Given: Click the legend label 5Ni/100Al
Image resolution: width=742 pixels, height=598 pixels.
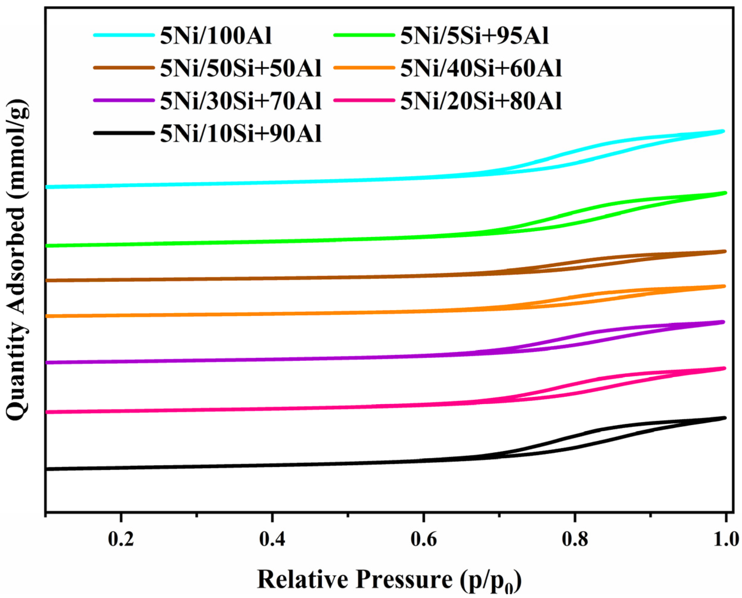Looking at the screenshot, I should pyautogui.click(x=215, y=36).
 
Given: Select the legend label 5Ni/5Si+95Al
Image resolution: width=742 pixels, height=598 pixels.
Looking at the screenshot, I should pyautogui.click(x=474, y=36).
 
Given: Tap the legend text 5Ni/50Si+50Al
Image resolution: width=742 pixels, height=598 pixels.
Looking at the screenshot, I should pyautogui.click(x=240, y=69).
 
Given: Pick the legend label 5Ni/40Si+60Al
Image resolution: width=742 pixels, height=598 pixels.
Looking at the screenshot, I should pyautogui.click(x=481, y=69).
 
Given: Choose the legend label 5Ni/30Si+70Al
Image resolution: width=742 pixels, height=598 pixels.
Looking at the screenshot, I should pyautogui.click(x=240, y=101).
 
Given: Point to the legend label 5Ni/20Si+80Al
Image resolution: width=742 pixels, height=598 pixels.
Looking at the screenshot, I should pyautogui.click(x=481, y=101).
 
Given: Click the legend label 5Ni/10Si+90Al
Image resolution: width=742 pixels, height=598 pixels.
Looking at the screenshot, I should pyautogui.click(x=240, y=134).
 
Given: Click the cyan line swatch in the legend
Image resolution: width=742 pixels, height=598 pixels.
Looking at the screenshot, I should pyautogui.click(x=124, y=35).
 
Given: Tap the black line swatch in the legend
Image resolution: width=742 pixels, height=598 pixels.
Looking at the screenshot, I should pyautogui.click(x=124, y=133).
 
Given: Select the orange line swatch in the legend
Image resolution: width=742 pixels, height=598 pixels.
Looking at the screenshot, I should pyautogui.click(x=364, y=68).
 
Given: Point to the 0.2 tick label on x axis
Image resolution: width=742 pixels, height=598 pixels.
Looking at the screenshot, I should pyautogui.click(x=121, y=539).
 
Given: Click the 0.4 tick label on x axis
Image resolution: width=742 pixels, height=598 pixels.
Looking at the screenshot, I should pyautogui.click(x=272, y=539).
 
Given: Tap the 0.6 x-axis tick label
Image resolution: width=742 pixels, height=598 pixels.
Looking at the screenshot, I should pyautogui.click(x=423, y=539).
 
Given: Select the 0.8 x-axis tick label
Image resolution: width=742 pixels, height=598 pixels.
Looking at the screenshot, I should pyautogui.click(x=575, y=539).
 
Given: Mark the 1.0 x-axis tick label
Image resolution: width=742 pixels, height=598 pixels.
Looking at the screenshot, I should pyautogui.click(x=726, y=539).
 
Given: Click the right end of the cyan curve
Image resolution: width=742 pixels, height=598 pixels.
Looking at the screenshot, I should pyautogui.click(x=723, y=131).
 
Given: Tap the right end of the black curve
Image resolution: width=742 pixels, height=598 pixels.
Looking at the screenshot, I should pyautogui.click(x=725, y=418).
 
